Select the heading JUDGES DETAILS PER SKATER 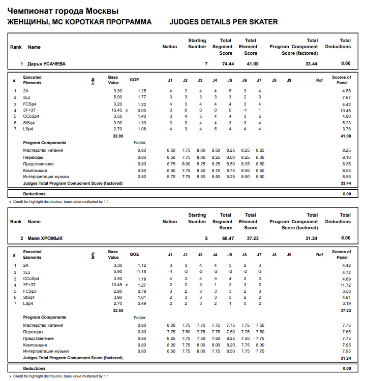(x=223, y=22)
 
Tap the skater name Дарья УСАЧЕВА (x=46, y=64)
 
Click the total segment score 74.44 (x=228, y=64)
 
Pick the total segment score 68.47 (x=228, y=238)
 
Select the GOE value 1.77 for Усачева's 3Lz (x=142, y=97)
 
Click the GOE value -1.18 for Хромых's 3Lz (x=141, y=272)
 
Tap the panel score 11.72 (x=345, y=285)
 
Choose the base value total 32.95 (x=117, y=136)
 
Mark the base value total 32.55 (x=117, y=310)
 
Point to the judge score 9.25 (x=230, y=177)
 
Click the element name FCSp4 (x=31, y=104)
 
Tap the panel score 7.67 (x=346, y=97)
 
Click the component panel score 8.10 (x=346, y=157)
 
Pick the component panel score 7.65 (x=346, y=332)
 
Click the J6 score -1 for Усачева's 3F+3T (x=245, y=110)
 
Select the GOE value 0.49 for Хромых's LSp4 (x=142, y=303)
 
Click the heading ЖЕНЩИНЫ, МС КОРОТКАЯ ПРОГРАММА (x=79, y=22)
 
